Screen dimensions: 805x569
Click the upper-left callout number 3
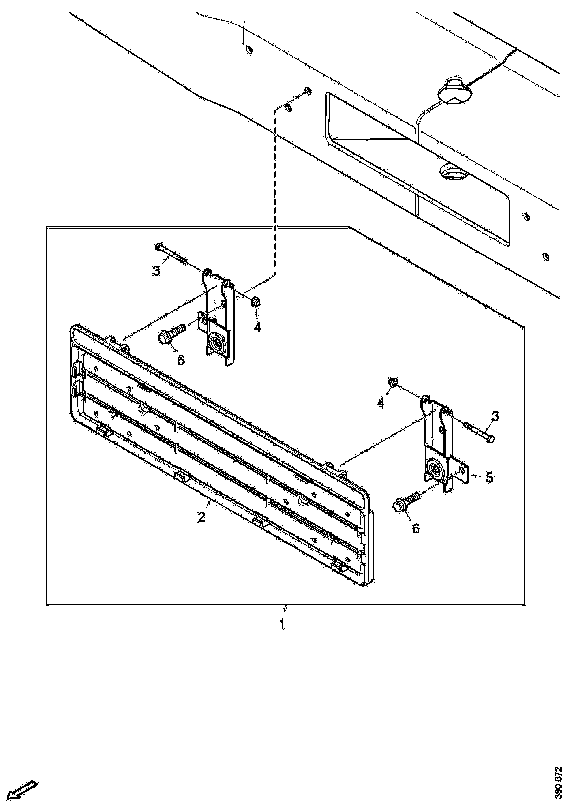156,270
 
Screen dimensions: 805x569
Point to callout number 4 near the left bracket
257,327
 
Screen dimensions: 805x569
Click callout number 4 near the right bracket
381,403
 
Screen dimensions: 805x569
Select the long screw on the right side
479,432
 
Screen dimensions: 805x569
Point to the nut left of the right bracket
393,382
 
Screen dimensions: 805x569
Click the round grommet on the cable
455,93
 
